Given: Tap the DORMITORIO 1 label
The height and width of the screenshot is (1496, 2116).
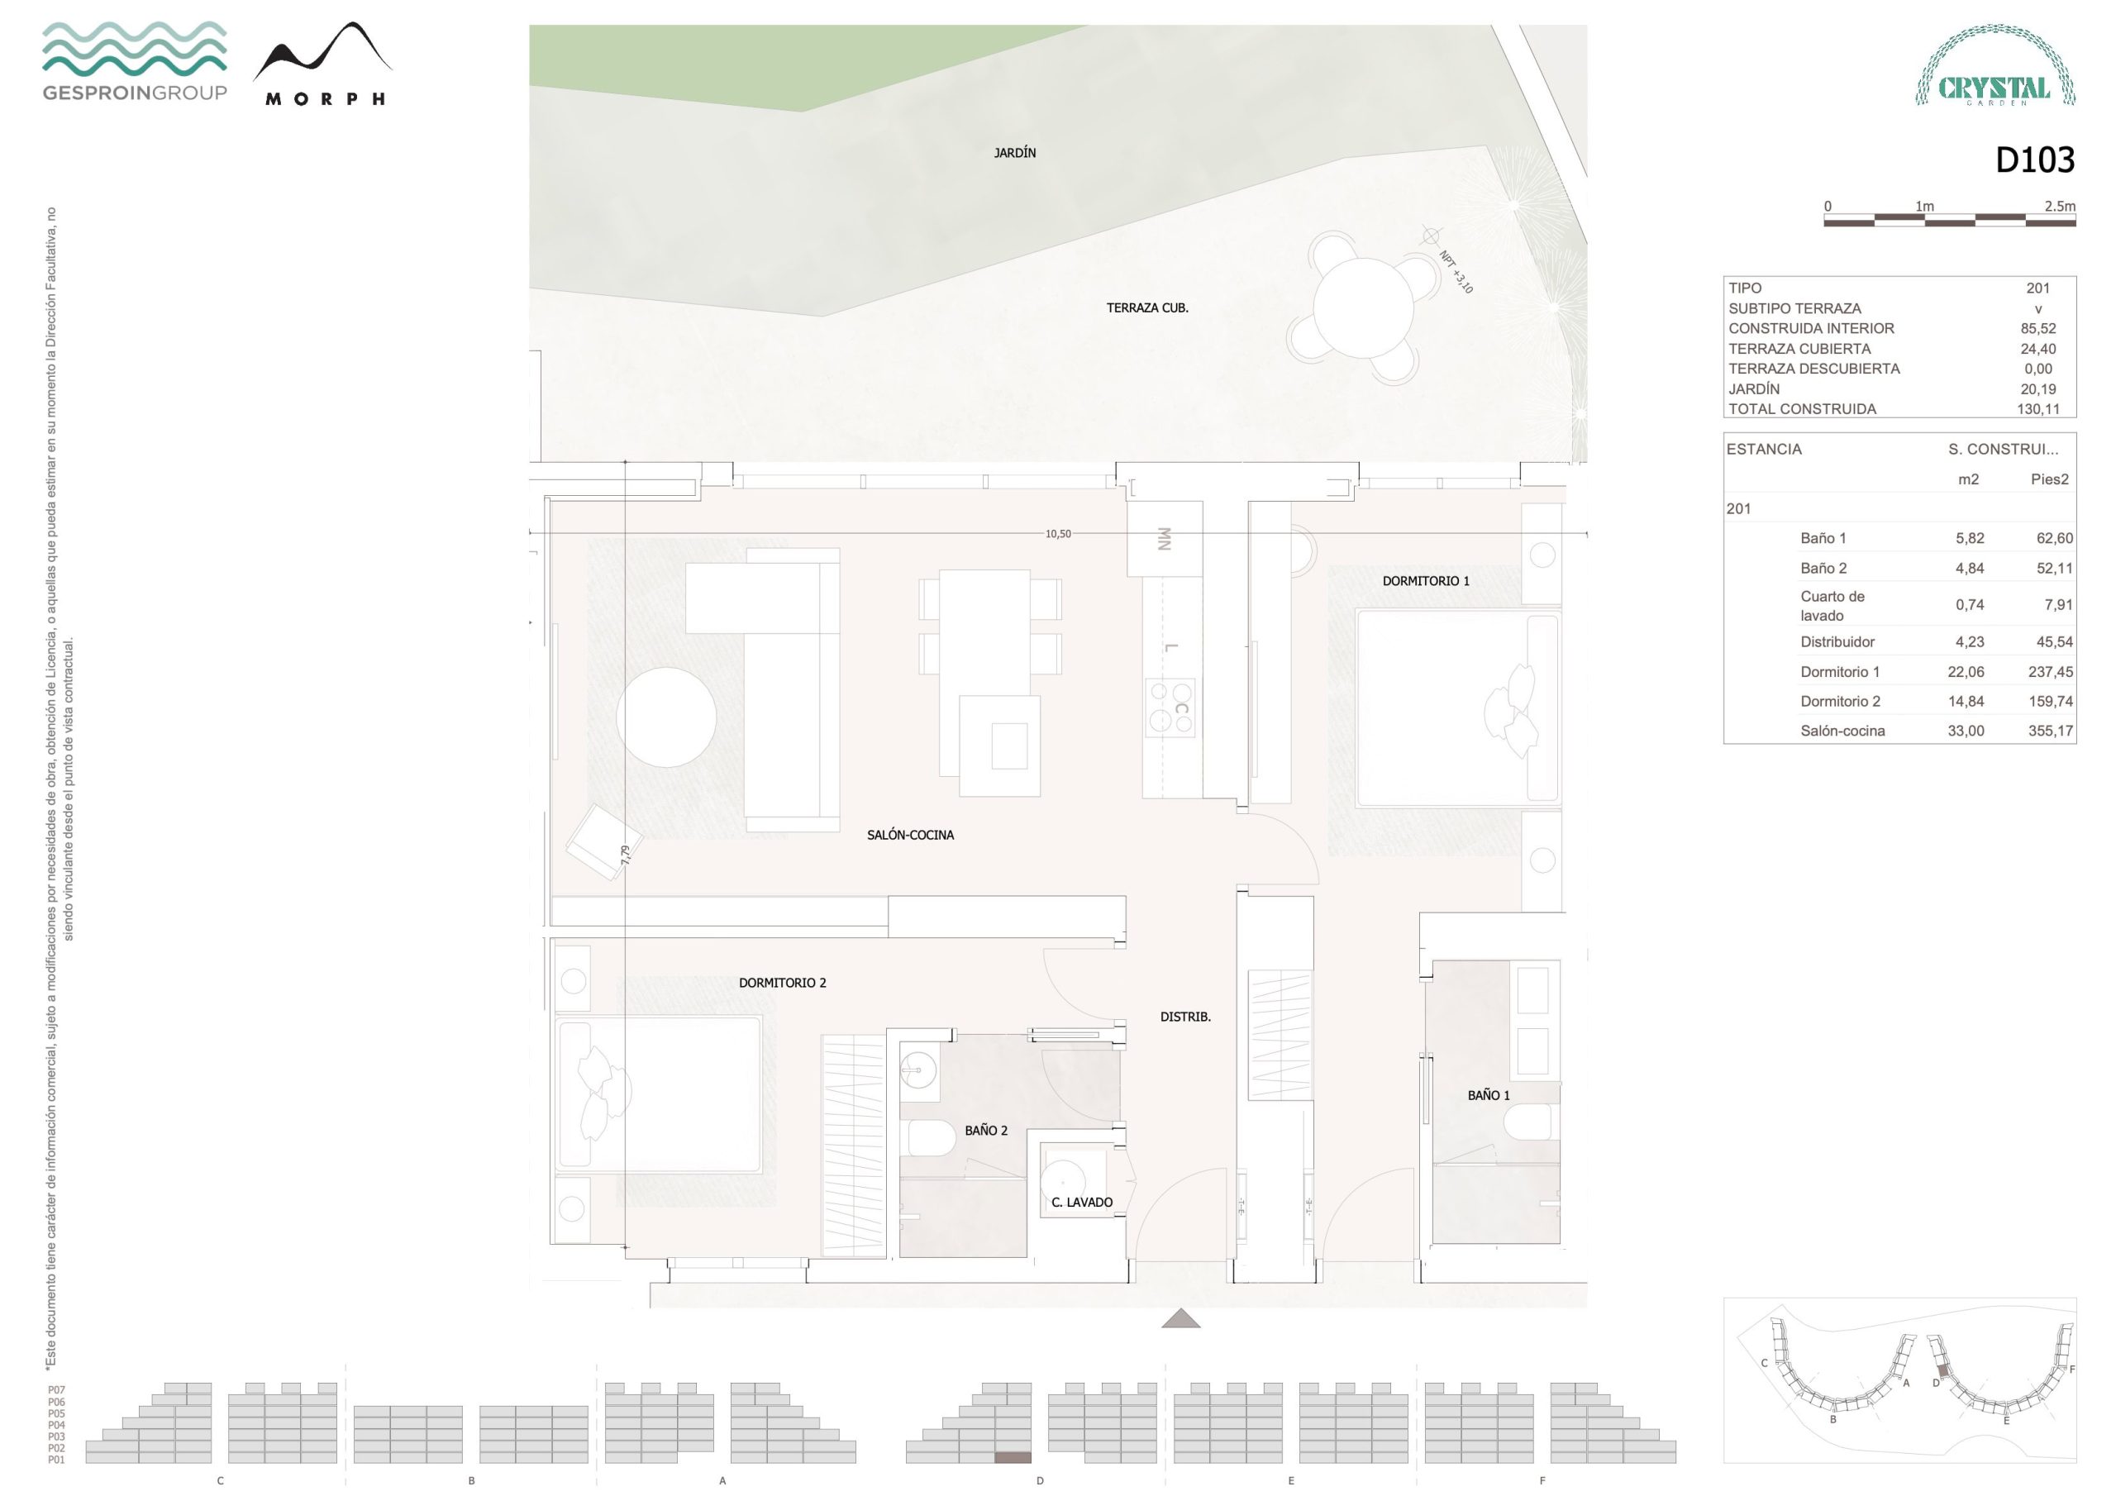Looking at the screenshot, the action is point(1426,581).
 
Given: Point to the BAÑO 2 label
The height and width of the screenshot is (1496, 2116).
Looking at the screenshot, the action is point(986,1130).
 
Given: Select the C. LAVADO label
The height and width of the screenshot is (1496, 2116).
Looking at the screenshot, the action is point(1082,1202).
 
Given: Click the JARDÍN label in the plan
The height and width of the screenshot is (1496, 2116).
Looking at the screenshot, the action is point(1015,153).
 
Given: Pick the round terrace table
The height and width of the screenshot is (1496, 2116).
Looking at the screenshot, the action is point(1363,307).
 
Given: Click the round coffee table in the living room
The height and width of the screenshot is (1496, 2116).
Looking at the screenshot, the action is point(666,717).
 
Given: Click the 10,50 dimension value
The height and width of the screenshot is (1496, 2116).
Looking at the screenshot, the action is point(1058,534).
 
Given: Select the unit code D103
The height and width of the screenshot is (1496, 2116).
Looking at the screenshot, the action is point(2035,160).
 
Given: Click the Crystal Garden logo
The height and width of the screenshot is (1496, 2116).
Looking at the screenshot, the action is point(1995,65).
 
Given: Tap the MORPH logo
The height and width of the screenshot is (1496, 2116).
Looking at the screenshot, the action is point(323,64).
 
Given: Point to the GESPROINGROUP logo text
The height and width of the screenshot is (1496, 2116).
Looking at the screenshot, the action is point(135,93).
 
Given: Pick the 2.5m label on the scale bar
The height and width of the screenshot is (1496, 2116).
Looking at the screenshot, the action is point(2060,207).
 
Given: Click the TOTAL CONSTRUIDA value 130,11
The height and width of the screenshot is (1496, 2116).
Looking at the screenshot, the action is point(2037,409).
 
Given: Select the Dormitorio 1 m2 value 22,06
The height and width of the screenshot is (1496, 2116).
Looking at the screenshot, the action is point(1966,672).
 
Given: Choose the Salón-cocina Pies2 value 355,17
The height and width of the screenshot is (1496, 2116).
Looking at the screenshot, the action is point(2051,731).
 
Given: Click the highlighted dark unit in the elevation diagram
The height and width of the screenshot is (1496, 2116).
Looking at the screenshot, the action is point(1013,1457).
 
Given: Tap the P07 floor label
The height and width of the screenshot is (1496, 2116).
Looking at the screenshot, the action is point(56,1390).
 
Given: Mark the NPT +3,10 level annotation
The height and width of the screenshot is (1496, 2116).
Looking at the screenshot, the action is point(1456,272).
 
